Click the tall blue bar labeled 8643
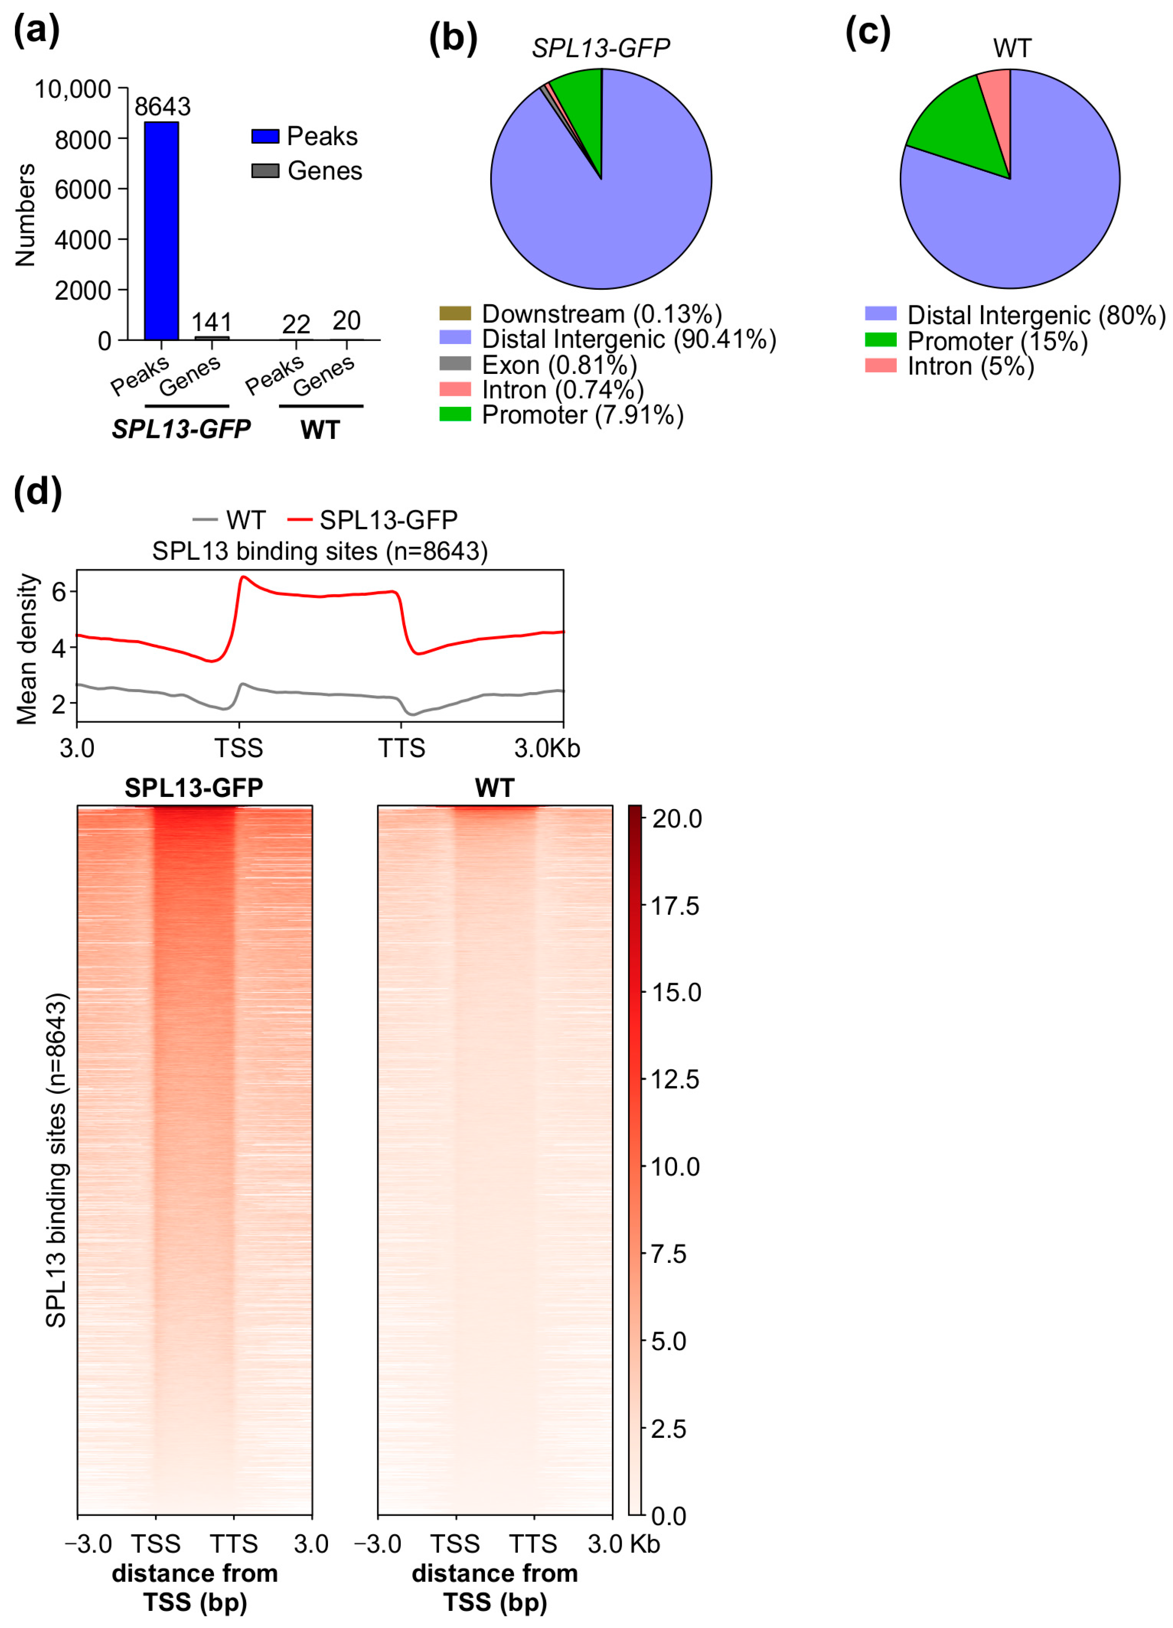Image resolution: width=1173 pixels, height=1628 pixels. click(161, 230)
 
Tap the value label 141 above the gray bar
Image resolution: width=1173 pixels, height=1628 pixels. click(212, 322)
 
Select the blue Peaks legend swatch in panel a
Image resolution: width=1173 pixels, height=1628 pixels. click(265, 136)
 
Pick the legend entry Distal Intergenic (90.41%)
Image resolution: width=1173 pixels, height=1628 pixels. click(628, 339)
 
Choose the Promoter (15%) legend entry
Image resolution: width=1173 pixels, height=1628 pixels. click(996, 341)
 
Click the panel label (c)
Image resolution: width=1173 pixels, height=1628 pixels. click(868, 32)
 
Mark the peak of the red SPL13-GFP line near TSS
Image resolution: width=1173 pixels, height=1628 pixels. click(243, 576)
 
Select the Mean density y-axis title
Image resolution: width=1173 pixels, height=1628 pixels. click(27, 648)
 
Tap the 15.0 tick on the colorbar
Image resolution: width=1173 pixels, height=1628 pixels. click(675, 993)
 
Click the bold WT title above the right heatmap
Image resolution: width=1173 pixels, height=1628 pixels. click(495, 788)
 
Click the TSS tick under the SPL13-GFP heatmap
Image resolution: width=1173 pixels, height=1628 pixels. click(156, 1543)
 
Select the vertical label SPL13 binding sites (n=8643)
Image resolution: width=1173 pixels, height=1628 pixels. click(56, 1160)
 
